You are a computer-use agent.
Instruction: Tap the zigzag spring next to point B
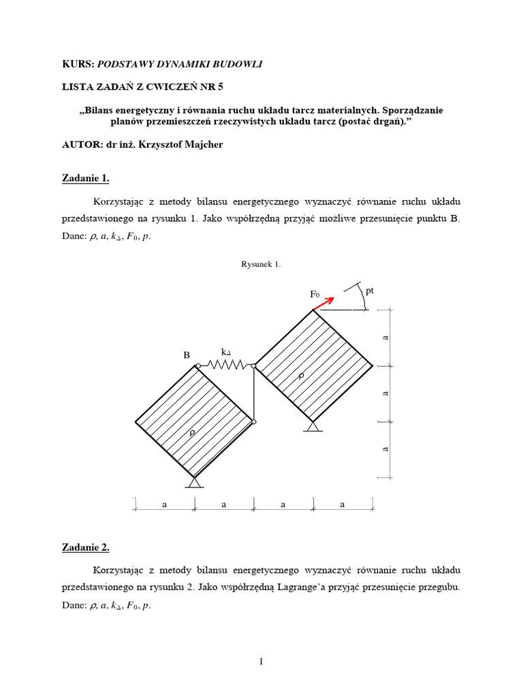(225, 366)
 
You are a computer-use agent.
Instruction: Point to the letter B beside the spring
(187, 355)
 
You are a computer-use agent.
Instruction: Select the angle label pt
(370, 291)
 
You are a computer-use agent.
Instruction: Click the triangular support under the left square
(195, 482)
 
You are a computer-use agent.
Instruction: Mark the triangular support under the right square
(313, 426)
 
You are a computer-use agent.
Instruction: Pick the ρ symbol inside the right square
(300, 375)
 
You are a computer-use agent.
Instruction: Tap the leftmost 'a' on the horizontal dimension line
(164, 504)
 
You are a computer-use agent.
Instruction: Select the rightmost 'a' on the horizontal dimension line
(343, 504)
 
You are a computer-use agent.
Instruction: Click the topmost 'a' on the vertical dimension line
(386, 338)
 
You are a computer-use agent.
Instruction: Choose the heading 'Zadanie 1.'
(86, 179)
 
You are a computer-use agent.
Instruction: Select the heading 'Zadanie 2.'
(86, 547)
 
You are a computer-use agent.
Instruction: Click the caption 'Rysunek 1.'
(261, 264)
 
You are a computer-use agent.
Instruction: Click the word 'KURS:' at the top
(78, 64)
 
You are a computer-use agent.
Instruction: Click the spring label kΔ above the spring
(227, 352)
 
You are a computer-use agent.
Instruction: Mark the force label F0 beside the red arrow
(315, 294)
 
